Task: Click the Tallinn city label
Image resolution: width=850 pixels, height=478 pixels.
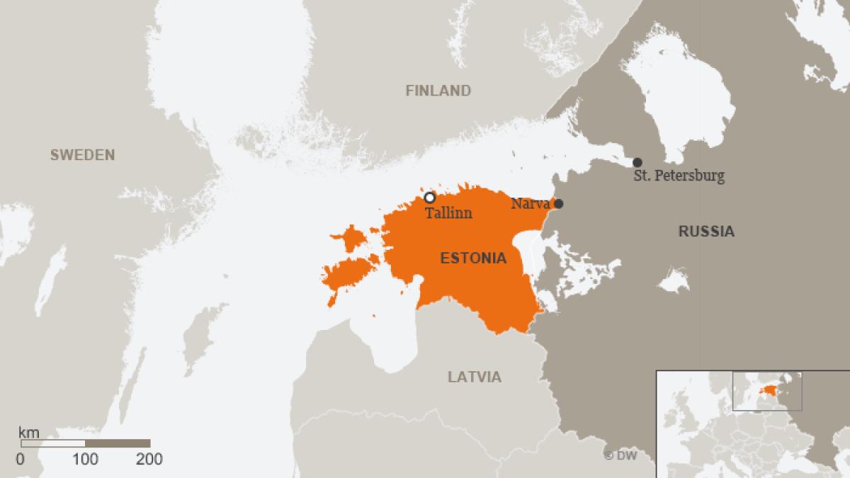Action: (x=448, y=212)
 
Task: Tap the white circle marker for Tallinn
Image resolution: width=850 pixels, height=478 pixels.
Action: (x=429, y=198)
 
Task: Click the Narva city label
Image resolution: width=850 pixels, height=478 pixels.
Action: (x=530, y=204)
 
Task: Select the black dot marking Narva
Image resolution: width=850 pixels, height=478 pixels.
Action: (x=558, y=204)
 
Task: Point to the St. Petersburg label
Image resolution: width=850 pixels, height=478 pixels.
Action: (x=679, y=176)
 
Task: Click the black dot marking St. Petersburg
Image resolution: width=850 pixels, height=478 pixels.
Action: (x=637, y=162)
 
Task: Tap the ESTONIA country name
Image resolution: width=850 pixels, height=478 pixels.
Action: (x=473, y=258)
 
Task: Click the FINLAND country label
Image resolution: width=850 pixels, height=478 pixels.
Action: (x=438, y=91)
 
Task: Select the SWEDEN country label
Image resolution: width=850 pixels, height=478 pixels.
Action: (x=81, y=155)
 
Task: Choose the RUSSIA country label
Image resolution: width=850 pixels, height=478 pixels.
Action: (x=705, y=231)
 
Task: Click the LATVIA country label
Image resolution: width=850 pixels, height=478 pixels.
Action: (x=474, y=377)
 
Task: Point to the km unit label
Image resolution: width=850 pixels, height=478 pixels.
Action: (x=28, y=432)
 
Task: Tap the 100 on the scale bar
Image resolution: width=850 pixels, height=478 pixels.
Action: (x=86, y=460)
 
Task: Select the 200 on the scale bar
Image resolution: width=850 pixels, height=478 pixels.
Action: (x=149, y=460)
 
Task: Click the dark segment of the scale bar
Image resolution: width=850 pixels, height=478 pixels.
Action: (x=118, y=443)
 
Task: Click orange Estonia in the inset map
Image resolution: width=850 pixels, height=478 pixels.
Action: (x=768, y=389)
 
